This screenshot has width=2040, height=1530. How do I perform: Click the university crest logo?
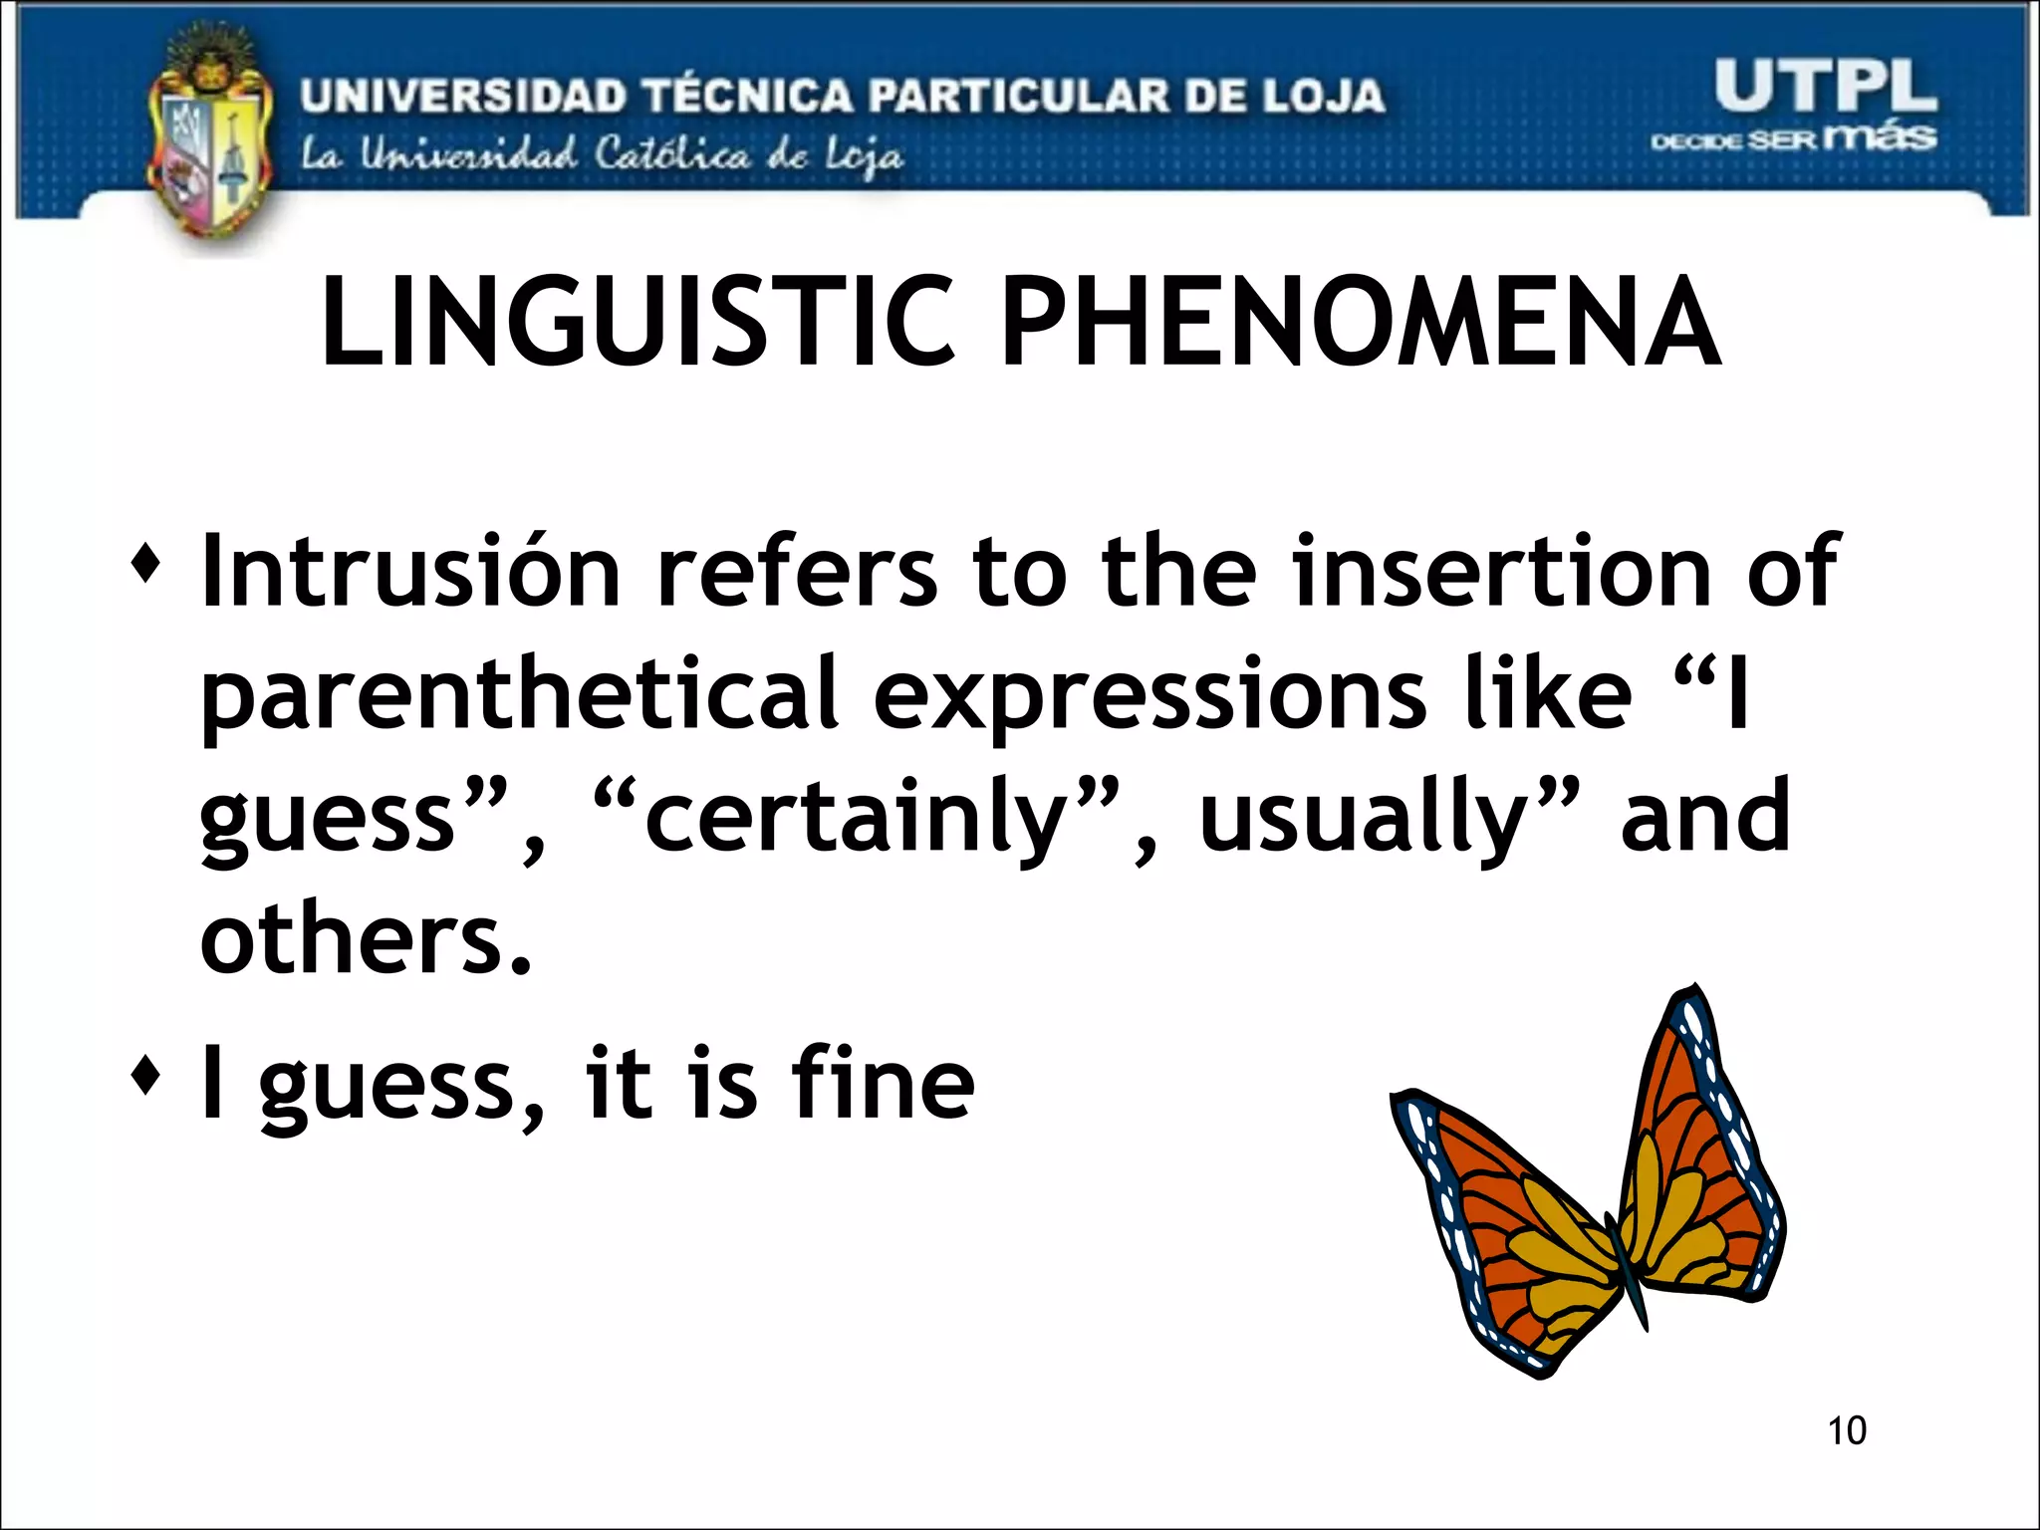coord(210,139)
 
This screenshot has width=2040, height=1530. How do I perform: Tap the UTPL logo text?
coord(1825,87)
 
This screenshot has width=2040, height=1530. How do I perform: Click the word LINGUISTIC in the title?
coord(637,323)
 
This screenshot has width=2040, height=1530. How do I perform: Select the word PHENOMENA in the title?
coord(1361,323)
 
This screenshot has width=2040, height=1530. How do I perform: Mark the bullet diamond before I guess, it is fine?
coord(145,1077)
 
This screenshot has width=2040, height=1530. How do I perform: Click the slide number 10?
coord(1846,1430)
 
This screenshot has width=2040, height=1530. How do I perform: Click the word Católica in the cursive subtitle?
coord(672,156)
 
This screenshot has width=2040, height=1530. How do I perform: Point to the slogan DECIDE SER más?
coord(1793,137)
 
